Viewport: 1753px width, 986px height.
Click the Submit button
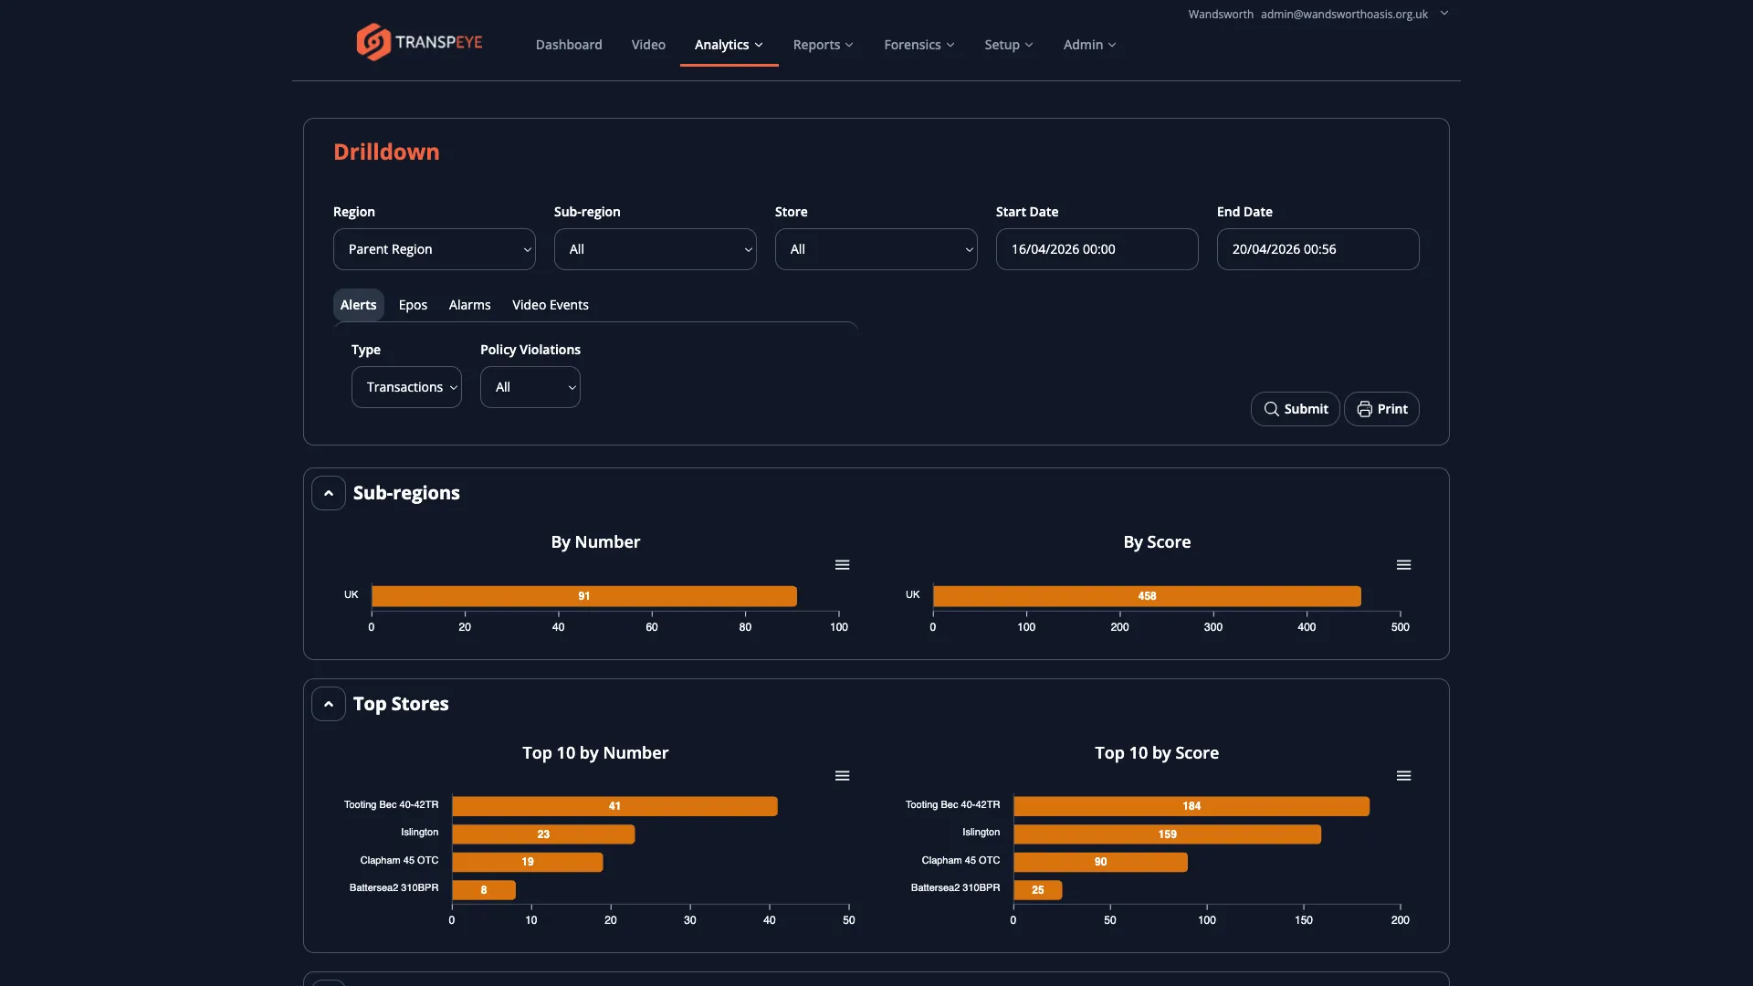coord(1295,409)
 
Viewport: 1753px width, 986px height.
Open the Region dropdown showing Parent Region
coord(434,249)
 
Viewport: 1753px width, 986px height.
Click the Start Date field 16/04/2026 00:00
coord(1097,249)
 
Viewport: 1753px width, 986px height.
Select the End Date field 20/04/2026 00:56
coord(1317,249)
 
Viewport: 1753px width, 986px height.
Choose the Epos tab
coord(413,305)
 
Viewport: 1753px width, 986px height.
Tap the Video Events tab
coord(550,305)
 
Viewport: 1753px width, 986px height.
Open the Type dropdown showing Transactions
coord(406,387)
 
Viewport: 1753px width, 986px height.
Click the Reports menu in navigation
coord(823,45)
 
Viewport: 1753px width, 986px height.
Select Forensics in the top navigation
coord(918,45)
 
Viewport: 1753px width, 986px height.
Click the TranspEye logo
coord(419,42)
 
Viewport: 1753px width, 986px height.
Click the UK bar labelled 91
coord(583,596)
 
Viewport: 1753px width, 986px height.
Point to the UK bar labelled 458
coord(1146,596)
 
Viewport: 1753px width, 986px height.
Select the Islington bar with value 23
coord(543,834)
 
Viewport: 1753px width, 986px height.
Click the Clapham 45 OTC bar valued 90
coord(1100,862)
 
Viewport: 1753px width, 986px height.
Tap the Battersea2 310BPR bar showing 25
coord(1037,890)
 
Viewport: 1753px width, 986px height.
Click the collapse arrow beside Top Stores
coord(329,704)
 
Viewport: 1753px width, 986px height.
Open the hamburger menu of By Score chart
coord(1403,565)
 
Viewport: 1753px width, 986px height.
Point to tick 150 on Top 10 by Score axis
coord(1303,920)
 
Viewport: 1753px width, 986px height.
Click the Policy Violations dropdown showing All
coord(530,387)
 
